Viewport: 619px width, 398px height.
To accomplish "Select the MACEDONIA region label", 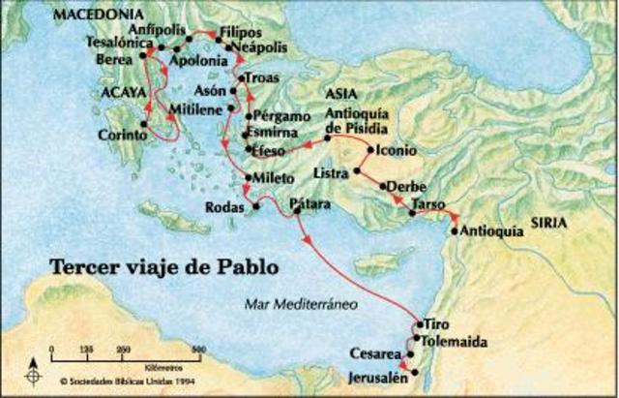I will coord(95,16).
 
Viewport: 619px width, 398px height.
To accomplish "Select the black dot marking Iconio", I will coord(369,151).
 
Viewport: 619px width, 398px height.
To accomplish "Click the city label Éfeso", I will coord(266,152).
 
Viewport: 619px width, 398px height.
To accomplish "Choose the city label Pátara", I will coord(310,204).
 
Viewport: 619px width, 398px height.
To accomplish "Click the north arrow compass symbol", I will coord(35,368).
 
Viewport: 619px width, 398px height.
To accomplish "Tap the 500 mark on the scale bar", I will coord(197,350).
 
